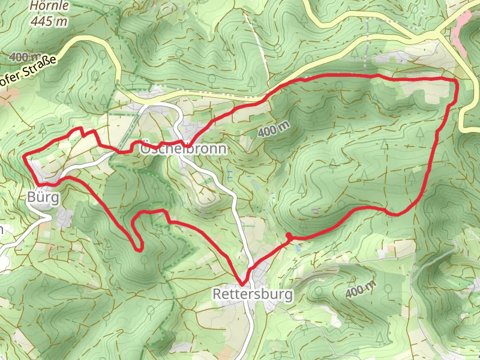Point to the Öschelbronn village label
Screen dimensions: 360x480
[x=183, y=149]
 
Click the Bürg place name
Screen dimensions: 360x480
[x=43, y=197]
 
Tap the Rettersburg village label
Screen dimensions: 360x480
[x=253, y=295]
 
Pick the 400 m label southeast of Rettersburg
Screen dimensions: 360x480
[x=361, y=290]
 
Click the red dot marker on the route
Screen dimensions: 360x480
[x=289, y=236]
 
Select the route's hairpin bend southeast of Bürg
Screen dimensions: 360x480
[x=139, y=248]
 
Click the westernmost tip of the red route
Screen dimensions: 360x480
[x=24, y=156]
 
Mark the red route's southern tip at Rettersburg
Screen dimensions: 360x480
[x=243, y=284]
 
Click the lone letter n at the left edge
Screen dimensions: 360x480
[x=2, y=231]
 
